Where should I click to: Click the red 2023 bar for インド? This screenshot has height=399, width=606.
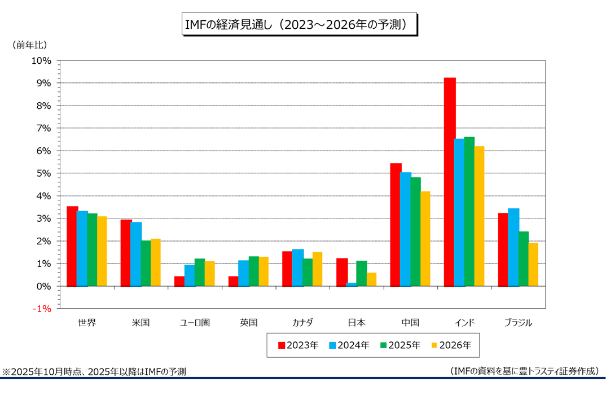[x=450, y=182]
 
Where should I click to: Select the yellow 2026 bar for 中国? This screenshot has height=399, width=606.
[x=425, y=239]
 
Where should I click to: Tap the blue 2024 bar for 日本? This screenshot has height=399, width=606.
[x=352, y=284]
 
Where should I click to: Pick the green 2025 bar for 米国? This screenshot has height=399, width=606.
[x=146, y=264]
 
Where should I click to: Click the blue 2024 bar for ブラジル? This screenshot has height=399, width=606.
[x=513, y=247]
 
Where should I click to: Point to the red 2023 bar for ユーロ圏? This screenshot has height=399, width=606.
[x=179, y=281]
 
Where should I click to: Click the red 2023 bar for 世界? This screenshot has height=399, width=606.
[x=72, y=246]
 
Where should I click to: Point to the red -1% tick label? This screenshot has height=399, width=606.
[x=42, y=309]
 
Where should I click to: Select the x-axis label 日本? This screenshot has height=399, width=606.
[x=357, y=323]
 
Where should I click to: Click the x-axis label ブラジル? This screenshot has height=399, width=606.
[x=518, y=323]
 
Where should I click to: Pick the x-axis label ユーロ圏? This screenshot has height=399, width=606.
[x=195, y=323]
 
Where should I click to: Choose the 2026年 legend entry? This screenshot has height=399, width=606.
[x=451, y=345]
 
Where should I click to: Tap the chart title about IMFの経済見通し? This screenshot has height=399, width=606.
[x=299, y=25]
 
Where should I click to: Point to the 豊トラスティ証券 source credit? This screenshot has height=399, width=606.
[x=525, y=371]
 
